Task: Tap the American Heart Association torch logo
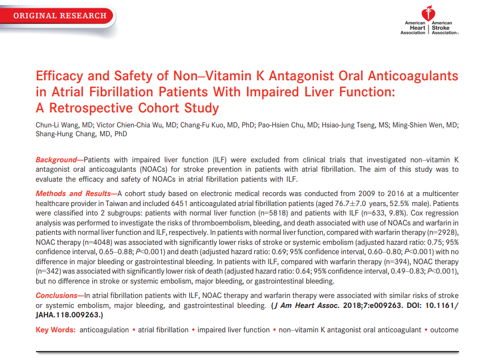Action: click(x=429, y=13)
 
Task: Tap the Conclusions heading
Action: click(x=58, y=296)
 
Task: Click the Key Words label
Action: click(x=55, y=330)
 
